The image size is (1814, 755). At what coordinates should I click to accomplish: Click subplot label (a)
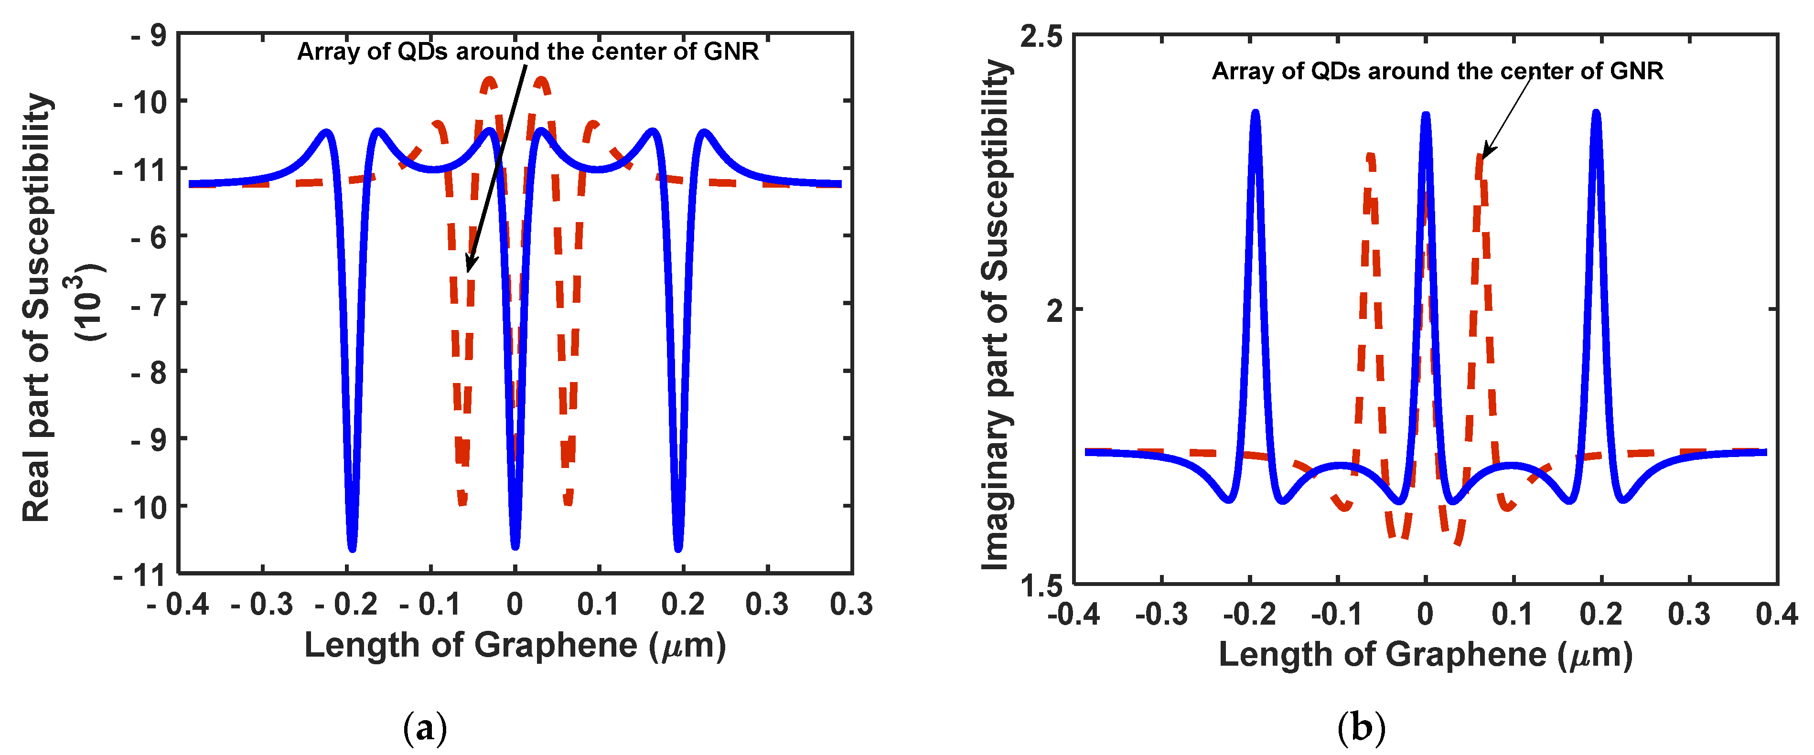pyautogui.click(x=425, y=728)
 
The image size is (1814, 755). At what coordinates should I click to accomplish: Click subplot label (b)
pyautogui.click(x=1361, y=728)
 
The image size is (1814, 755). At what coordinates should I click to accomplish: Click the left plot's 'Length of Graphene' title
pyautogui.click(x=515, y=645)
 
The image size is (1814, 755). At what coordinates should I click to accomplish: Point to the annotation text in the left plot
pyautogui.click(x=527, y=52)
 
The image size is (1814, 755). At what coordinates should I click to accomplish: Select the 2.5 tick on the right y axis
pyautogui.click(x=1041, y=37)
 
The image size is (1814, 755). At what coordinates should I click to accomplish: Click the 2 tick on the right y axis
pyautogui.click(x=1055, y=309)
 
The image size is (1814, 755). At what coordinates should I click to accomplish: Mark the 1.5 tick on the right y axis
pyautogui.click(x=1041, y=584)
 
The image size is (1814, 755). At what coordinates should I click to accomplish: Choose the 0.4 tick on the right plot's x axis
pyautogui.click(x=1776, y=614)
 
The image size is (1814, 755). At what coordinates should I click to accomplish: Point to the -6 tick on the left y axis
pyautogui.click(x=149, y=237)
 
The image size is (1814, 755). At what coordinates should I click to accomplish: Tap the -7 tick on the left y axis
pyautogui.click(x=149, y=305)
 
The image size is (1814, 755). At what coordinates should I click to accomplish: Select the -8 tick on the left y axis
pyautogui.click(x=149, y=372)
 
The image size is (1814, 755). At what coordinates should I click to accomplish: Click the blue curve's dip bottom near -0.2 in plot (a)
pyautogui.click(x=352, y=547)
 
